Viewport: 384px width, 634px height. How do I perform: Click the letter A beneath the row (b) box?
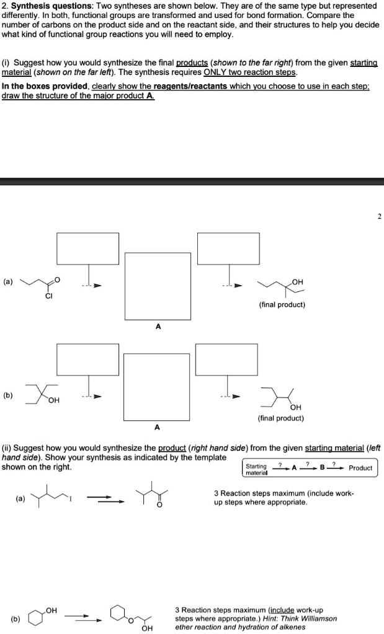157,426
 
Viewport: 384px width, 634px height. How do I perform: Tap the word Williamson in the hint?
316,618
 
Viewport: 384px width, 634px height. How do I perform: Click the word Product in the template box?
360,468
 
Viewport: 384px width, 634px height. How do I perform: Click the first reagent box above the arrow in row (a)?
88,248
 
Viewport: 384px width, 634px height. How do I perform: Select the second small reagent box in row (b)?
226,359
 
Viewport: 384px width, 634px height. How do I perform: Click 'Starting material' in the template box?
256,469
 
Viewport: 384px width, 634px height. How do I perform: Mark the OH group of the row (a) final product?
297,282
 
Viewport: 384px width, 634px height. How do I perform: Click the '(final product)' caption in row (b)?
281,418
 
